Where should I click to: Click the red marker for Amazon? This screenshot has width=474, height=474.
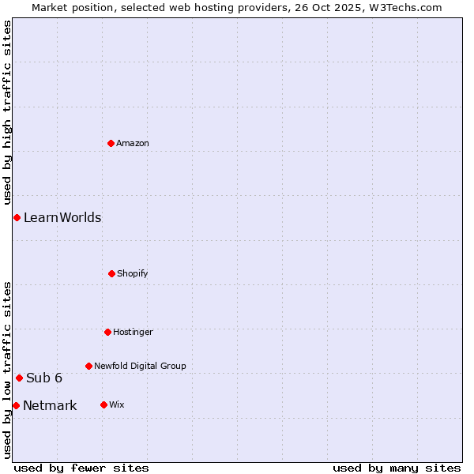pos(111,143)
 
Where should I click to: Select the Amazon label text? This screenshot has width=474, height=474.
pos(133,144)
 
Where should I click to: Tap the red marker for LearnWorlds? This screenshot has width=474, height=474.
pos(17,217)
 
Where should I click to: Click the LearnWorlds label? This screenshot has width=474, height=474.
pos(62,218)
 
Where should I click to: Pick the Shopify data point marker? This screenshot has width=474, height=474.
pos(111,273)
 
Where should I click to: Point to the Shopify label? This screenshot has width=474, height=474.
pos(133,274)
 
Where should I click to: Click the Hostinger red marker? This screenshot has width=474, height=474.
pos(107,332)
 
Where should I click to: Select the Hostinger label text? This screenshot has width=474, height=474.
pos(133,333)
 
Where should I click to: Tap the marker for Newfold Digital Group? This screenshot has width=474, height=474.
pos(88,366)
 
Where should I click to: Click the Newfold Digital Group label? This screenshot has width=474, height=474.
pos(140,367)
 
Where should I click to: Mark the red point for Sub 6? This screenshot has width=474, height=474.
pos(19,378)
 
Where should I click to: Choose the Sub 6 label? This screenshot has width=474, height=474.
pos(44,378)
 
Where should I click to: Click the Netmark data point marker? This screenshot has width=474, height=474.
pos(16,405)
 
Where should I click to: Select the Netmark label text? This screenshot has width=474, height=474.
pos(50,406)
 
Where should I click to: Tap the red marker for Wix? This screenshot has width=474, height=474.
pos(103,404)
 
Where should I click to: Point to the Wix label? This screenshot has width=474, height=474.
pos(117,405)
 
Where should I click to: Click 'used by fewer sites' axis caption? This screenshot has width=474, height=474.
pos(81,468)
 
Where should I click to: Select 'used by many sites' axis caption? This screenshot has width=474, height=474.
pos(397,468)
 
